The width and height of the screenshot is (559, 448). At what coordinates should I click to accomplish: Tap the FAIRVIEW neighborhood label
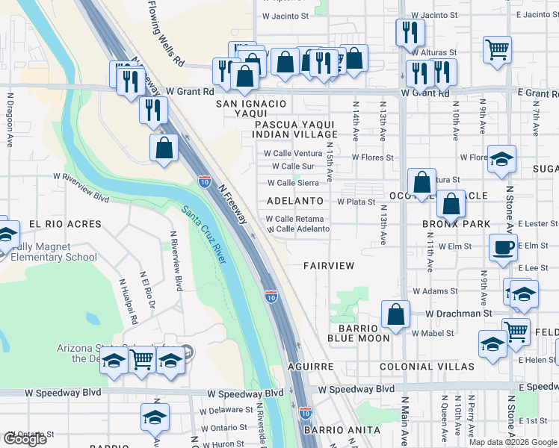[x=328, y=266]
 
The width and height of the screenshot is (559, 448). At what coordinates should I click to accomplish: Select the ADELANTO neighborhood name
[x=295, y=201]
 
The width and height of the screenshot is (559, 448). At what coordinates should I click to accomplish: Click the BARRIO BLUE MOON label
[x=359, y=332]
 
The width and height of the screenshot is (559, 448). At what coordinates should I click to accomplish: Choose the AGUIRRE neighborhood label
[x=310, y=367]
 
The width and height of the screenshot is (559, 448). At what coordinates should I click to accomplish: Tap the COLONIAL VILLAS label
[x=427, y=367]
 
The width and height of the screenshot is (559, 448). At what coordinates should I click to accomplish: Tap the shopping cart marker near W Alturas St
[x=497, y=49]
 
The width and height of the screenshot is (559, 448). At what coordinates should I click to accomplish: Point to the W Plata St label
[x=356, y=202]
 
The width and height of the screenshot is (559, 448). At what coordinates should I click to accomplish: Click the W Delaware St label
[x=225, y=410]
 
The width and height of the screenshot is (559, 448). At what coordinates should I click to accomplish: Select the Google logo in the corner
[x=25, y=438]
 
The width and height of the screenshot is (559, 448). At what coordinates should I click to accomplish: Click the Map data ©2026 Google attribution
[x=513, y=442]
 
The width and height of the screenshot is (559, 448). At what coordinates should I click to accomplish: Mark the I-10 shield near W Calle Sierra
[x=204, y=181]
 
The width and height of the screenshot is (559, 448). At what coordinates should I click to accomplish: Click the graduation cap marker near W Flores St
[x=502, y=158]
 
